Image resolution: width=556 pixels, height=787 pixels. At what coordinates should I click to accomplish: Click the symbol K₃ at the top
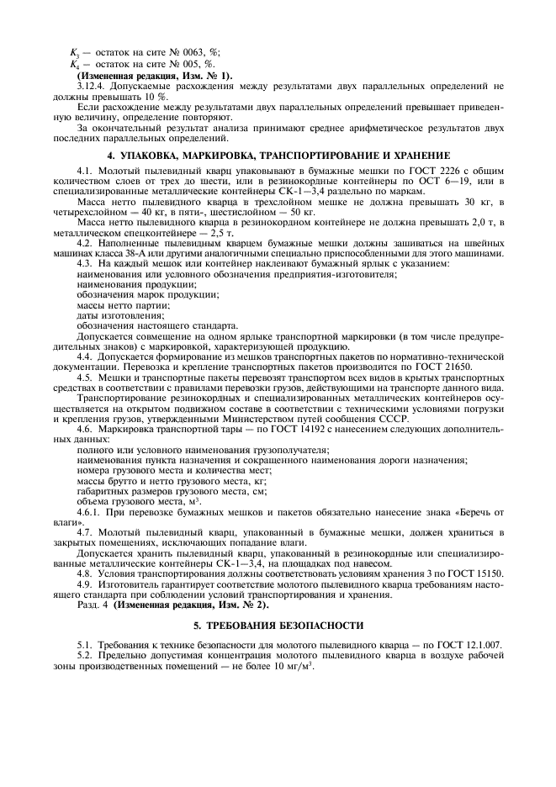point(73,51)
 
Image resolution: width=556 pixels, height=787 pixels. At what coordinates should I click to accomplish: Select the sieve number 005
point(203,63)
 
